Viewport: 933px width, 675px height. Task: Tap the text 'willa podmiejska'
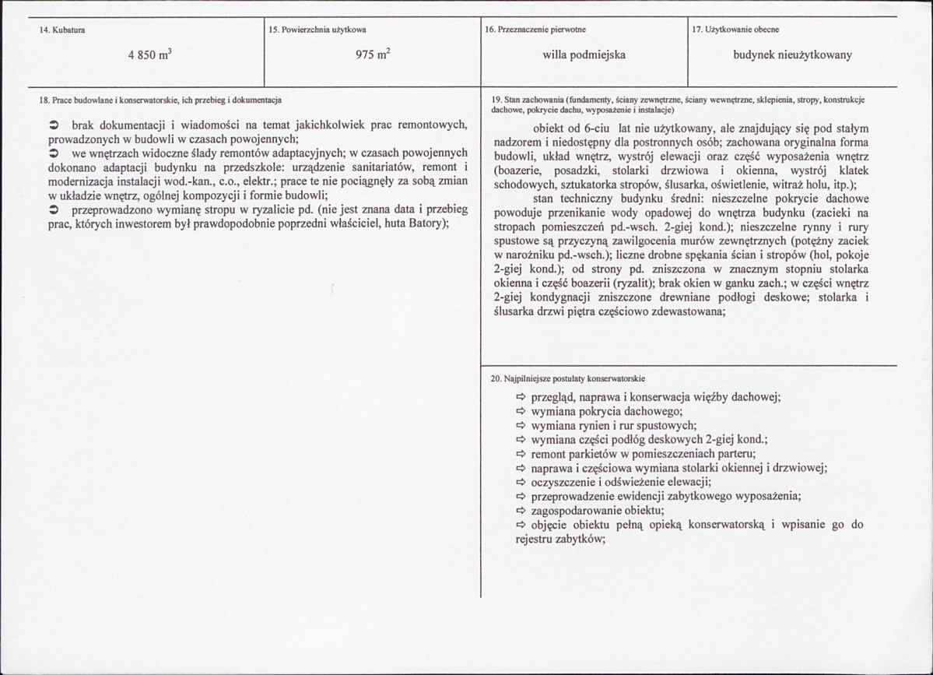click(584, 55)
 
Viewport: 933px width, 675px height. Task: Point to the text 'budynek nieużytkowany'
click(792, 55)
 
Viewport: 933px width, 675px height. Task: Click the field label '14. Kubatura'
click(62, 30)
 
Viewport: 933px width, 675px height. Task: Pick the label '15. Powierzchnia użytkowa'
click(317, 30)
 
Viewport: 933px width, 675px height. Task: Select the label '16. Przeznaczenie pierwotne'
click(535, 30)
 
